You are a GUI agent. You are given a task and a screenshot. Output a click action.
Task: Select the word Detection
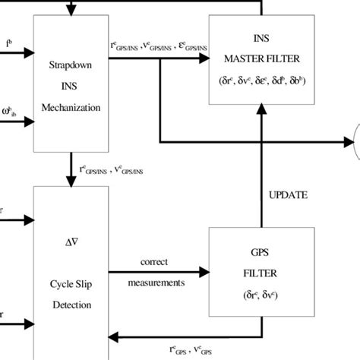point(72,305)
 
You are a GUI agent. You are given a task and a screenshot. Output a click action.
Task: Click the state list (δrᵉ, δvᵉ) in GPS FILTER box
point(261,295)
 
